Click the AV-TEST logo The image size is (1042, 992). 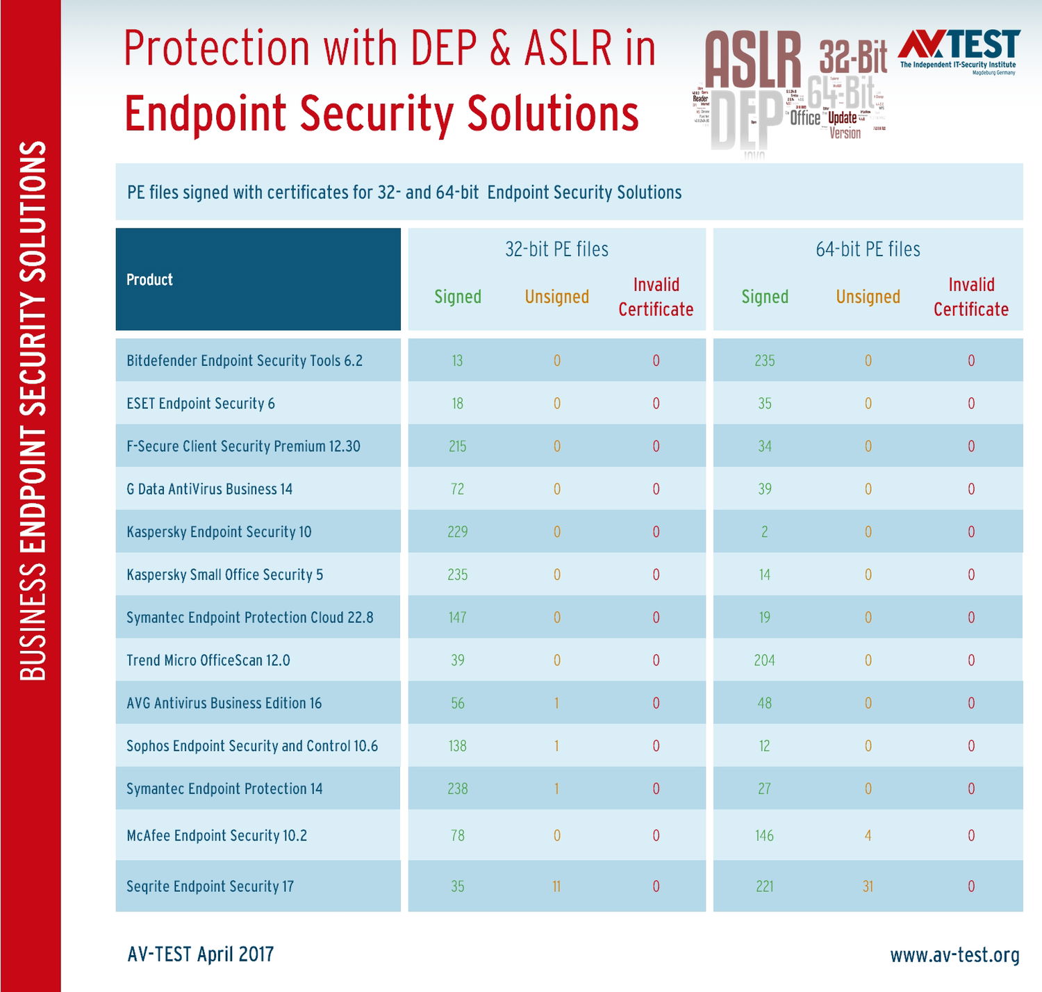coord(959,49)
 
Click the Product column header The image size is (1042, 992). coord(149,279)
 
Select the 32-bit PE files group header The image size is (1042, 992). coord(556,249)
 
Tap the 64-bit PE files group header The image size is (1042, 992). coord(868,249)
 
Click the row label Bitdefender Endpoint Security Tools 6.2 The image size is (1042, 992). coord(245,361)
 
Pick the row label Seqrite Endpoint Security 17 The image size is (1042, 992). coord(210,886)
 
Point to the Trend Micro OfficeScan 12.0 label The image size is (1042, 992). coord(208,660)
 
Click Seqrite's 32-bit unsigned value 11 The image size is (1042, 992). coord(556,886)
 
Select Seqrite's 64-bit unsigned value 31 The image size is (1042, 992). coord(868,886)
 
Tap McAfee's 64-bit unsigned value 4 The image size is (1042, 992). coord(868,836)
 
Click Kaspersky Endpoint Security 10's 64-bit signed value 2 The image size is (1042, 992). coord(764,532)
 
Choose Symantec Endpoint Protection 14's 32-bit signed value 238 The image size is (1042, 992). coord(458,789)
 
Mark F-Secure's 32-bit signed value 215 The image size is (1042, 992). coord(458,447)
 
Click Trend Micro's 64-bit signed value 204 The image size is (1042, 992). coord(764,661)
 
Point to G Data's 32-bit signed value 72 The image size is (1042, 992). coord(458,489)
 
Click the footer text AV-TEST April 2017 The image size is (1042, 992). coord(201,954)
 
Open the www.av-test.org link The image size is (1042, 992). coord(954,955)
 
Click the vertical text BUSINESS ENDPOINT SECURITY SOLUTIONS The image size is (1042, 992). coord(33,410)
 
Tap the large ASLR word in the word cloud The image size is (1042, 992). coord(752,60)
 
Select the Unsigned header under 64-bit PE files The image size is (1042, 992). coord(868,297)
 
